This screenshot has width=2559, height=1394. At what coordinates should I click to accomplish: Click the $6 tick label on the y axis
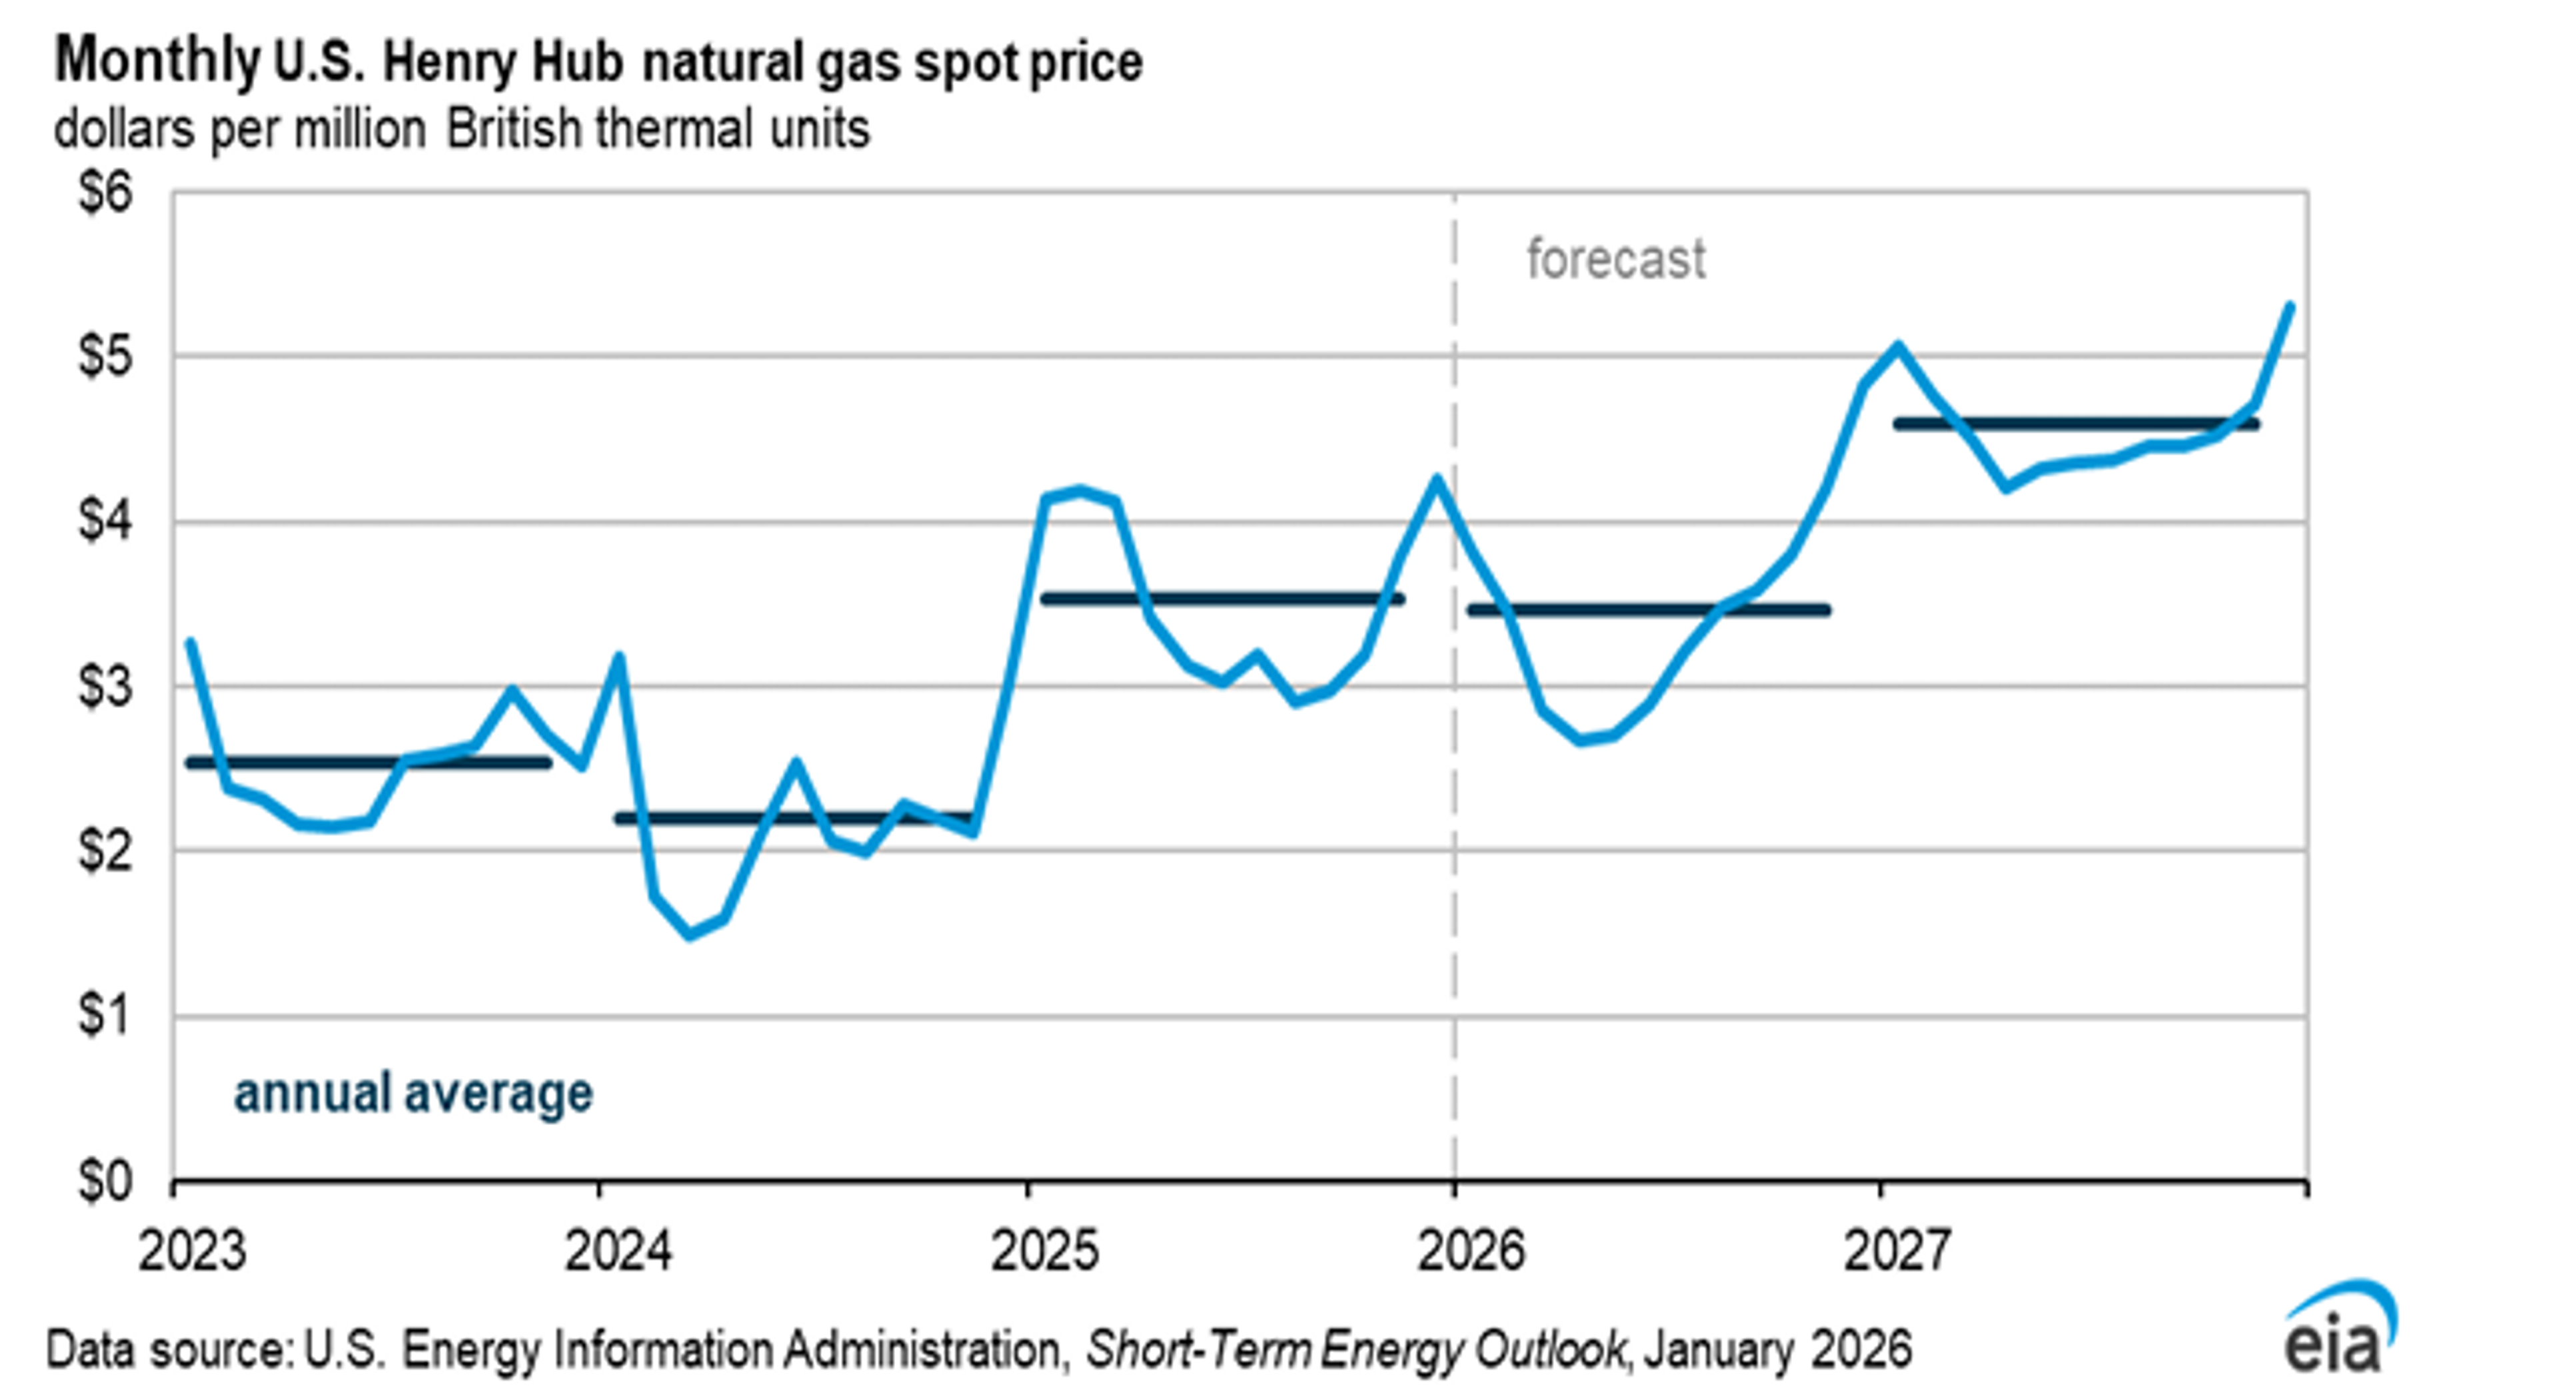coord(105,192)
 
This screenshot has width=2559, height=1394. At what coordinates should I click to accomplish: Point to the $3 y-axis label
coord(105,686)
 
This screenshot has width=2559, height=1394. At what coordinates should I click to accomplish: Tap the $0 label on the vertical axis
coord(105,1182)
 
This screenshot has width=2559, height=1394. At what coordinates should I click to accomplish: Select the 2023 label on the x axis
coord(192,1251)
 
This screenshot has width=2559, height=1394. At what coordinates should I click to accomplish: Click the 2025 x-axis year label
coord(1045,1251)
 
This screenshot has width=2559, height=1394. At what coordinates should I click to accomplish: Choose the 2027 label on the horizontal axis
coord(1897,1251)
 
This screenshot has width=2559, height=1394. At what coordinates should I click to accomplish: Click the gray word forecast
coord(1615,260)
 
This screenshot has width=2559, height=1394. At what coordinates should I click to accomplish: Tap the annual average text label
coord(413,1093)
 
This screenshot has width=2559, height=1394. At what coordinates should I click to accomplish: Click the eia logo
coord(2340,1331)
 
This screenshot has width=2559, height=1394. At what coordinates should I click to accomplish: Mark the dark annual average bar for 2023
coord(368,763)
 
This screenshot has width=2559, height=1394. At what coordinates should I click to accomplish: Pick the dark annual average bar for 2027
coord(2077,424)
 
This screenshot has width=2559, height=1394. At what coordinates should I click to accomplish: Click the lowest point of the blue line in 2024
coord(690,935)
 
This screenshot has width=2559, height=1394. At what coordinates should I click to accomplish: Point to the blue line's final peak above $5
coord(2290,306)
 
